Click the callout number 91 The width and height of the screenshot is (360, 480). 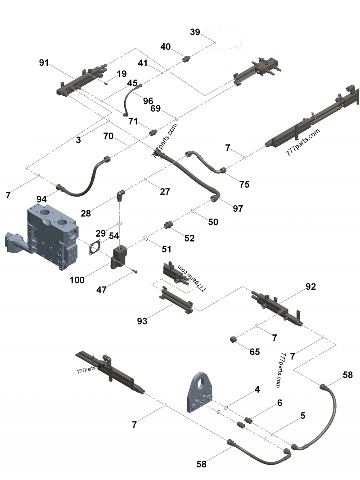click(44, 63)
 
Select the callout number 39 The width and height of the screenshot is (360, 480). click(194, 32)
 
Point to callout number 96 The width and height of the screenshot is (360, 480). click(148, 101)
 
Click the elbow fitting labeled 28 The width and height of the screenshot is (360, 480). click(121, 195)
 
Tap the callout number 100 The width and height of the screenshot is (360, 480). click(77, 280)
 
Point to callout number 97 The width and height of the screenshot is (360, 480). click(238, 208)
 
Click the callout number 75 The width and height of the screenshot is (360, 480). click(244, 184)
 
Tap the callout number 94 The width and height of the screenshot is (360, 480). click(42, 198)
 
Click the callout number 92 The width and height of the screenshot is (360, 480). click(311, 286)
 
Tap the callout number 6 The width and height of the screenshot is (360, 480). click(279, 403)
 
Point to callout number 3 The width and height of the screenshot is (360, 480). click(78, 140)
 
